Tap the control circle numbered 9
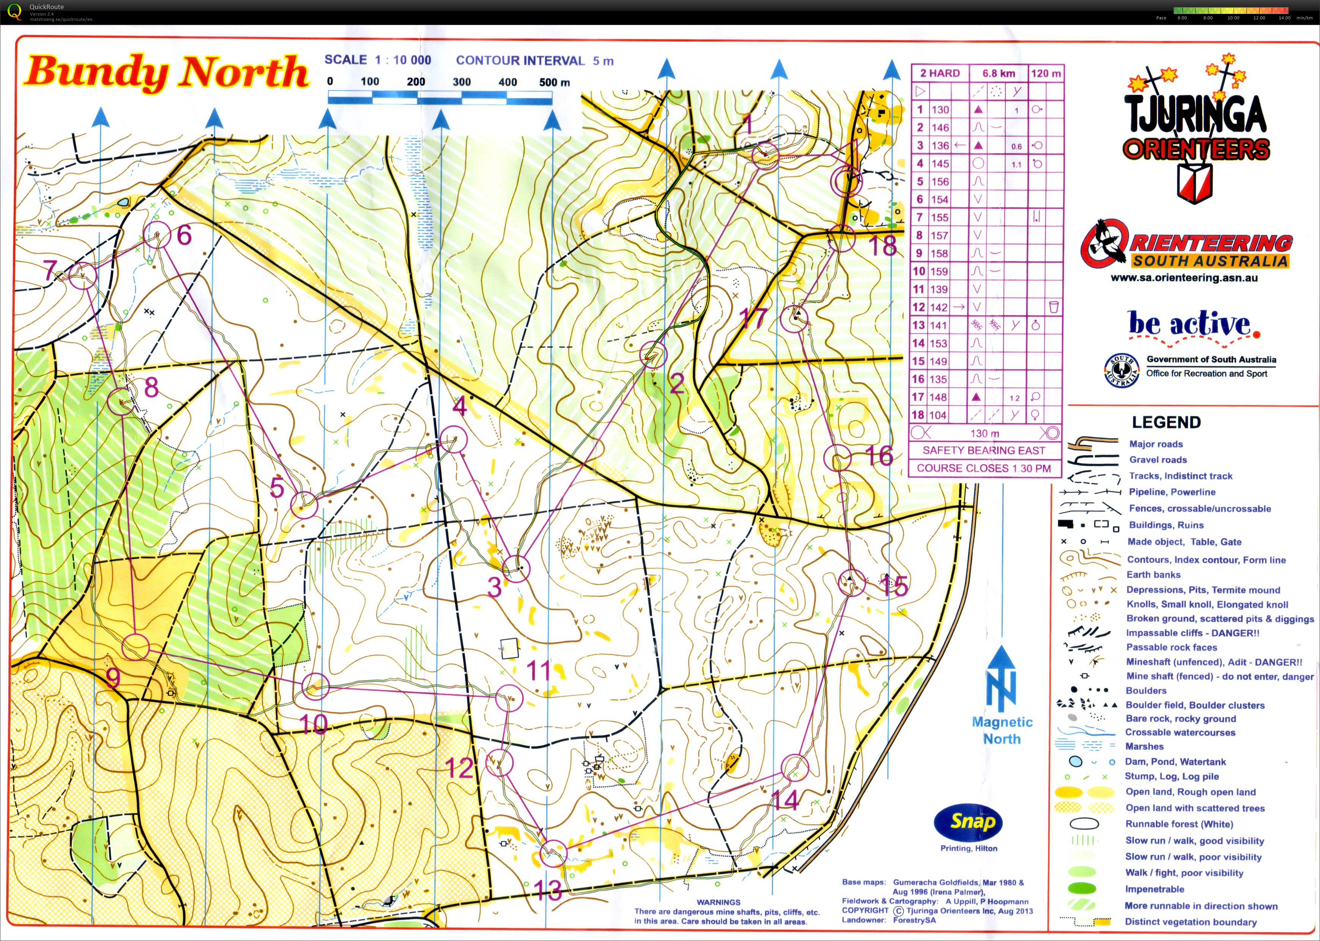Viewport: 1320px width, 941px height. (136, 647)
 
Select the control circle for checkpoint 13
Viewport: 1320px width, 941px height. (553, 853)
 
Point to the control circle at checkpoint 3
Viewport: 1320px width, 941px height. (516, 569)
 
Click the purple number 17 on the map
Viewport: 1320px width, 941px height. (754, 318)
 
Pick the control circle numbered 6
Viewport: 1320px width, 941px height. (157, 235)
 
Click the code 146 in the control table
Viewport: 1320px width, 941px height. (940, 127)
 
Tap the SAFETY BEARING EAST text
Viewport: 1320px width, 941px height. (983, 450)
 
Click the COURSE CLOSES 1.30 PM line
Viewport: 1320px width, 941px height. (983, 468)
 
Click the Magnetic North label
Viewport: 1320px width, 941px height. (1002, 730)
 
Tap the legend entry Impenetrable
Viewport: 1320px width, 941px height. (1154, 889)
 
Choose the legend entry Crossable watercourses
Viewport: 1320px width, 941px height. (1179, 732)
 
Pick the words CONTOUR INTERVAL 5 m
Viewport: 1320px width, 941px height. (534, 61)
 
